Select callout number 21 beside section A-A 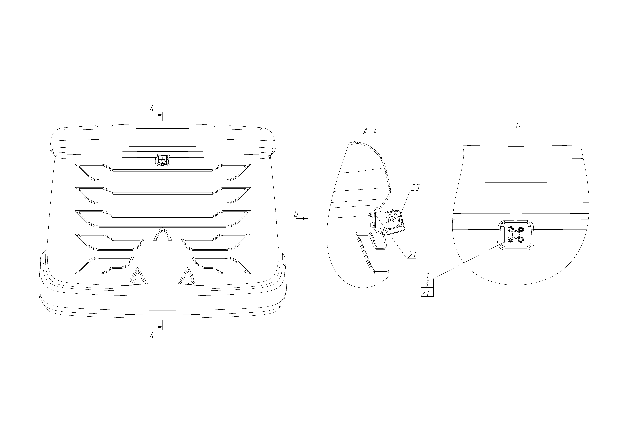pyautogui.click(x=412, y=255)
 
